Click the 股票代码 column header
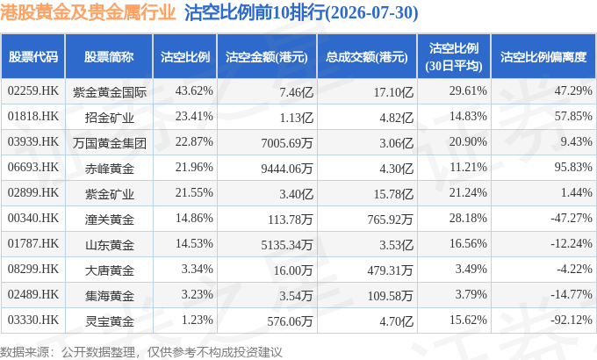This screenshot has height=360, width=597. tap(33, 57)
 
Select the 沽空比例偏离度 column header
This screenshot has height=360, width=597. tap(543, 57)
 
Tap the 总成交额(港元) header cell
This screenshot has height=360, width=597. tap(367, 57)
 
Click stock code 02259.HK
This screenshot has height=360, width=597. tap(33, 91)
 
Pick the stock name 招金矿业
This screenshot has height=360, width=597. tap(109, 118)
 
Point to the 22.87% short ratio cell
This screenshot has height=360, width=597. tap(194, 141)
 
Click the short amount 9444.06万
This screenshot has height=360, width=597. tap(287, 168)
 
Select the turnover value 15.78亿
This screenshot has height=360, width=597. tap(393, 194)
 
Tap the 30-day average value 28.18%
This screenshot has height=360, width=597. tap(468, 219)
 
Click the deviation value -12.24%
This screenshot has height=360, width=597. tap(572, 243)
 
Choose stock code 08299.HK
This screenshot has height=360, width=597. tap(33, 269)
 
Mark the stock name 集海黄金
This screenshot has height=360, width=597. tap(109, 296)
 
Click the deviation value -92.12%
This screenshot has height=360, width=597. tap(572, 320)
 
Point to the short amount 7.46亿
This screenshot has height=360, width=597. tap(296, 92)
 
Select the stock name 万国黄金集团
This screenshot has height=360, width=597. tap(109, 143)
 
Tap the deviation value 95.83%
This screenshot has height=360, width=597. tap(573, 167)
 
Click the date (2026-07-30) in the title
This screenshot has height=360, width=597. tap(372, 12)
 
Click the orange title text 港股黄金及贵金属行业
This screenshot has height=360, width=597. tap(88, 12)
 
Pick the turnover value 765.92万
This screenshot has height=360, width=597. tap(390, 219)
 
